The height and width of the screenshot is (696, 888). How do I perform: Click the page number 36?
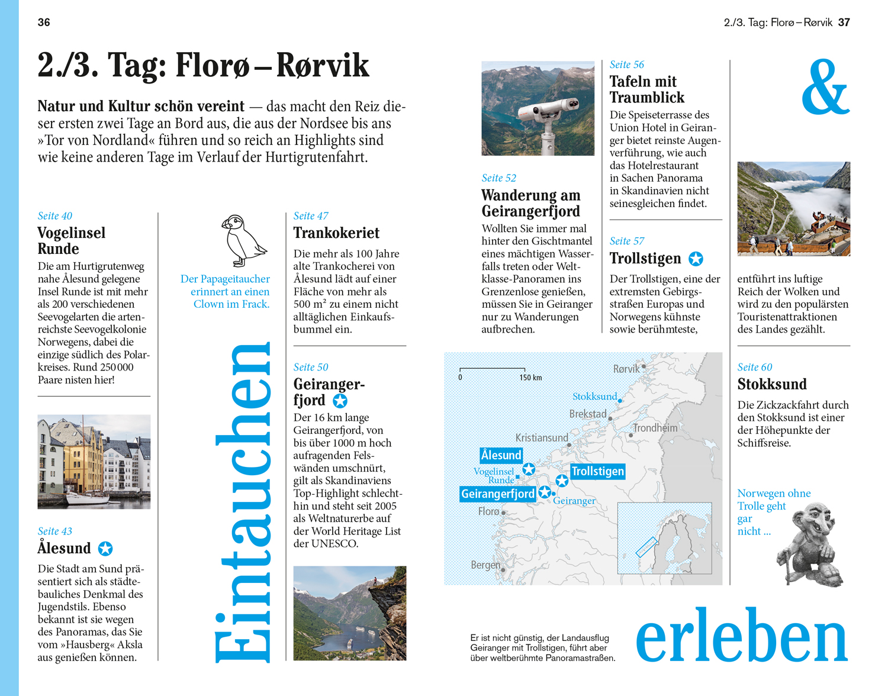(x=44, y=22)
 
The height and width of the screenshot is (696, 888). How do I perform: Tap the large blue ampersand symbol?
(x=825, y=87)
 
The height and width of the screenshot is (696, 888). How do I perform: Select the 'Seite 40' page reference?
(x=54, y=216)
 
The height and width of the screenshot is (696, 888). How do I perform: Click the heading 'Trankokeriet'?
(x=336, y=233)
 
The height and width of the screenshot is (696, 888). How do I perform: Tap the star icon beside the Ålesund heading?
(x=105, y=549)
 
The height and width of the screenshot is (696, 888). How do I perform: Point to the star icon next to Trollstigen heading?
(x=696, y=259)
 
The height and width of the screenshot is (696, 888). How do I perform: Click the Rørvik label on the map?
(x=626, y=369)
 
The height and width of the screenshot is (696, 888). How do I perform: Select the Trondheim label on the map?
(x=655, y=428)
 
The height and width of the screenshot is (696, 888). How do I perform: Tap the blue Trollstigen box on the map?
(x=597, y=471)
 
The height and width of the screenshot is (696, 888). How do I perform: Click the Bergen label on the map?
(x=485, y=565)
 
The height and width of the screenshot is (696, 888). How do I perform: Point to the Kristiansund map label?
(x=542, y=438)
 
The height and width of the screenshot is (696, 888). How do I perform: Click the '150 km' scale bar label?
(x=530, y=378)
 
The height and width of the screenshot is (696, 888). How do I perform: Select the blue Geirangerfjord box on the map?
(x=498, y=494)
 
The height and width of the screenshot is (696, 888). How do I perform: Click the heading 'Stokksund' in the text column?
(x=772, y=384)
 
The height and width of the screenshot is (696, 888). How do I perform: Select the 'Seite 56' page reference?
(x=626, y=65)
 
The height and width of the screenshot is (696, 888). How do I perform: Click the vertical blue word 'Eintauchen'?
(x=243, y=503)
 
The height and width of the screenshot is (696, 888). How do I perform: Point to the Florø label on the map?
(x=488, y=511)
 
